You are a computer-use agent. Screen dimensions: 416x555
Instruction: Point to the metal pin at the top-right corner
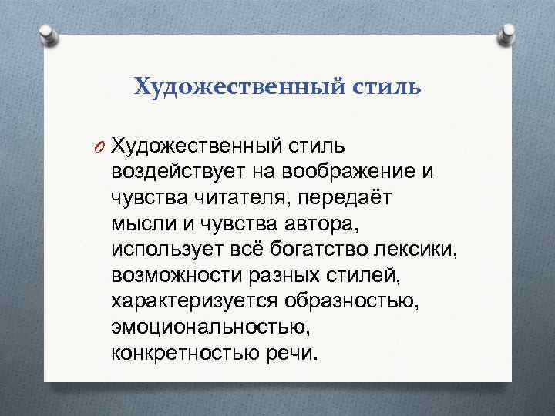click(x=510, y=34)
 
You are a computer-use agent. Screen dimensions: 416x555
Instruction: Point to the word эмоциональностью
click(x=209, y=329)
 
